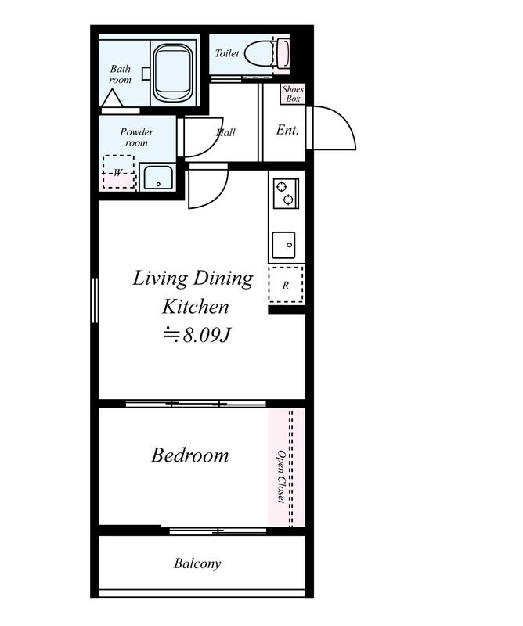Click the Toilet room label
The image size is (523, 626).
[227, 53]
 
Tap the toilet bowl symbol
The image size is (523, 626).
[266, 52]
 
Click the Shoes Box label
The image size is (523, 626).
[293, 94]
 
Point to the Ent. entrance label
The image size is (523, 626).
[287, 130]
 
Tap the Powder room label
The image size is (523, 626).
[137, 137]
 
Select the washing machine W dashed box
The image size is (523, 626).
[118, 171]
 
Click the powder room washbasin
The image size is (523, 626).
[158, 178]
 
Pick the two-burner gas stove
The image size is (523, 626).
[286, 193]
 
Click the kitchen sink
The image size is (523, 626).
[283, 245]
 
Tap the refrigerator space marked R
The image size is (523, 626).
[286, 285]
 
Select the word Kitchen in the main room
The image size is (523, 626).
[196, 307]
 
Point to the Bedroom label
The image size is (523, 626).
[189, 455]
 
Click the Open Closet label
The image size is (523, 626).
[281, 477]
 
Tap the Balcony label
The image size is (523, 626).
[197, 563]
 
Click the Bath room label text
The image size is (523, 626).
[121, 74]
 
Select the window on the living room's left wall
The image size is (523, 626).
[95, 300]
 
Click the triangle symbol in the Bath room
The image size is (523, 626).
[112, 98]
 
